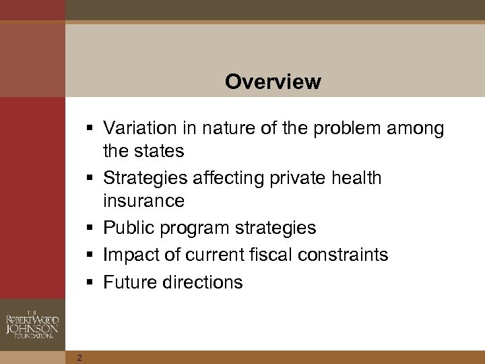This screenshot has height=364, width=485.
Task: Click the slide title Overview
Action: [x=273, y=82]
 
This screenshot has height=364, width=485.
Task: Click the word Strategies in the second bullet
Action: [x=146, y=179]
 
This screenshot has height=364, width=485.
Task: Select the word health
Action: [x=357, y=178]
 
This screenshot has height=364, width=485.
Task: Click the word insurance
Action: [x=143, y=201]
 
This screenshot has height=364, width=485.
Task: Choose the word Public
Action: [x=129, y=228]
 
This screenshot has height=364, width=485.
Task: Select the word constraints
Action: [x=345, y=255]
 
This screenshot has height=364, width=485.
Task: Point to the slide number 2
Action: [x=79, y=357]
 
